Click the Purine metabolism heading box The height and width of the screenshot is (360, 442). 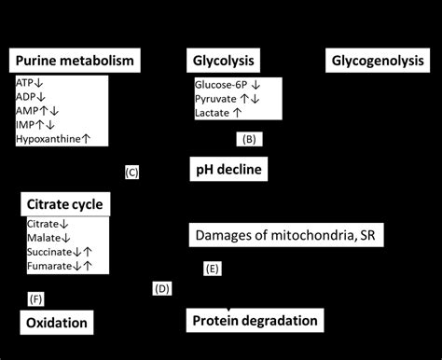[x=75, y=62]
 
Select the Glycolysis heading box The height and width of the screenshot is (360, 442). [x=226, y=62]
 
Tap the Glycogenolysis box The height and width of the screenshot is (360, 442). [x=378, y=62]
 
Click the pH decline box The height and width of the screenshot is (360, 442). [x=229, y=169]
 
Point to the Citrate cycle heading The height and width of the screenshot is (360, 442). [x=64, y=204]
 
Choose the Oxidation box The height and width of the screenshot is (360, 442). [x=57, y=323]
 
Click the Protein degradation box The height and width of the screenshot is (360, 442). [x=256, y=321]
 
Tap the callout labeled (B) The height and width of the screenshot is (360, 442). [x=248, y=140]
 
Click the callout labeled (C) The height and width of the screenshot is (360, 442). [x=131, y=173]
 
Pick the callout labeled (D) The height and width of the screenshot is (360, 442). [x=161, y=289]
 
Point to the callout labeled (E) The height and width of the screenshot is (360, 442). [x=213, y=270]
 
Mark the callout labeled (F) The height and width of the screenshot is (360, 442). [x=36, y=298]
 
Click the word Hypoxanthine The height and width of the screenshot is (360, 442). [x=49, y=139]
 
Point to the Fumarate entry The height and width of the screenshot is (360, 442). [x=51, y=265]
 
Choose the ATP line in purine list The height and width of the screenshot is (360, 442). [x=27, y=83]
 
